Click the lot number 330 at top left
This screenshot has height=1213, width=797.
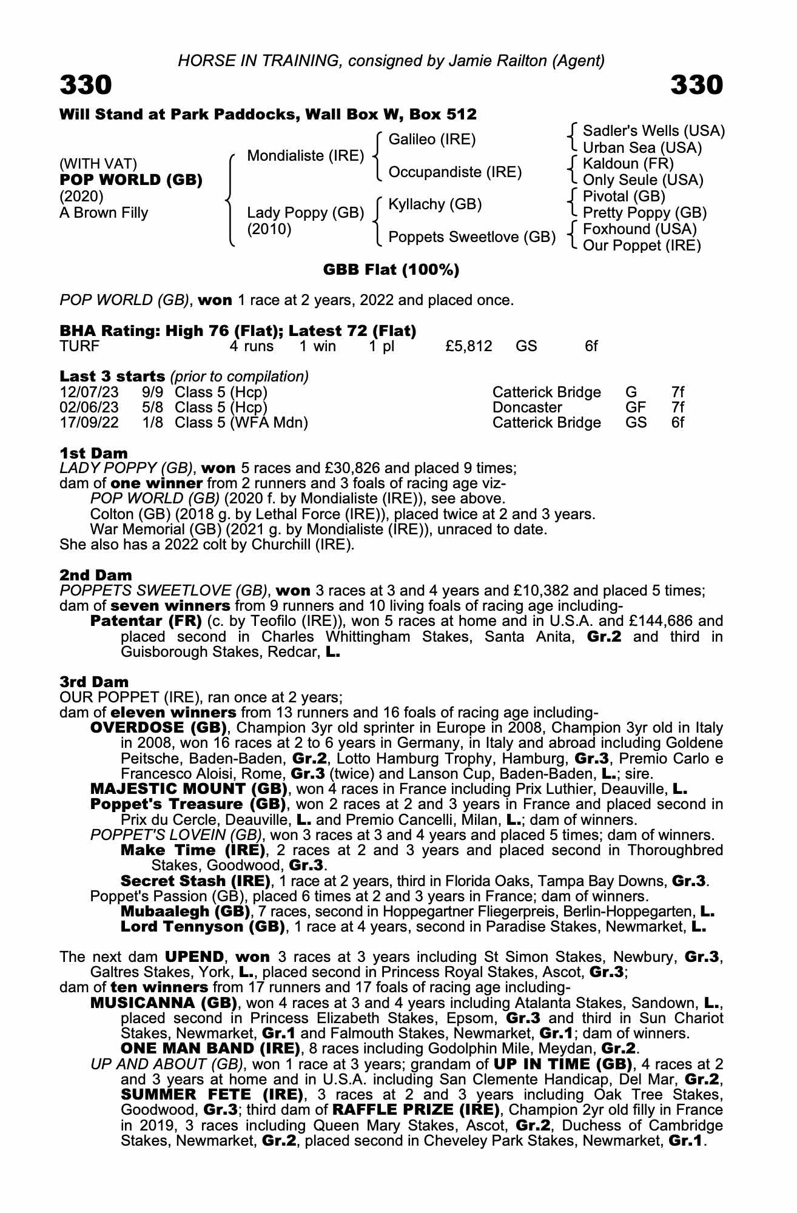pos(86,85)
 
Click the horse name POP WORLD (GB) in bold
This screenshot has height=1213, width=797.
pos(131,180)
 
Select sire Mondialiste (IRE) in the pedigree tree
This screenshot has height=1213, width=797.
pos(305,156)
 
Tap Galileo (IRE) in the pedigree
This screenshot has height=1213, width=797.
pos(432,139)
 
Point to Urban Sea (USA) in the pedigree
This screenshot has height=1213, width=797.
pos(642,148)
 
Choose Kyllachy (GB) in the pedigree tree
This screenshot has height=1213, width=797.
pos(435,204)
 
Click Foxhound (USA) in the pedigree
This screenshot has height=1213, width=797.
pos(639,229)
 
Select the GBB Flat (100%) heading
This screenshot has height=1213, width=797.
pos(391,270)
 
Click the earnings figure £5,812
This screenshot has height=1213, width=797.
pos(468,346)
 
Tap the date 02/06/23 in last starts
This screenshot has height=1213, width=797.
pos(89,408)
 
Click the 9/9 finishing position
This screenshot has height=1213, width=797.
pos(152,392)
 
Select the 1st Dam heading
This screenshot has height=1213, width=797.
pos(94,453)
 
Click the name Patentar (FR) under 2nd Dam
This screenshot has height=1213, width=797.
pos(146,621)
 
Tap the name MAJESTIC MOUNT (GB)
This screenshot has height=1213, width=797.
pos(189,789)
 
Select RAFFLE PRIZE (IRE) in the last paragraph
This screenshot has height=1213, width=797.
pos(415,1110)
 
